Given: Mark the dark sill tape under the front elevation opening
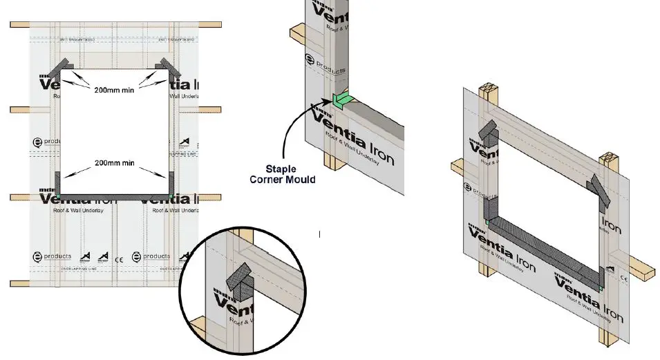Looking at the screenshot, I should tap(114, 196).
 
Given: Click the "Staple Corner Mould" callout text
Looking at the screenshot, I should tap(283, 174).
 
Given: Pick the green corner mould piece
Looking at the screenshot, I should tap(341, 102).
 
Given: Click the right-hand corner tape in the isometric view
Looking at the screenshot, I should tap(598, 192).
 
